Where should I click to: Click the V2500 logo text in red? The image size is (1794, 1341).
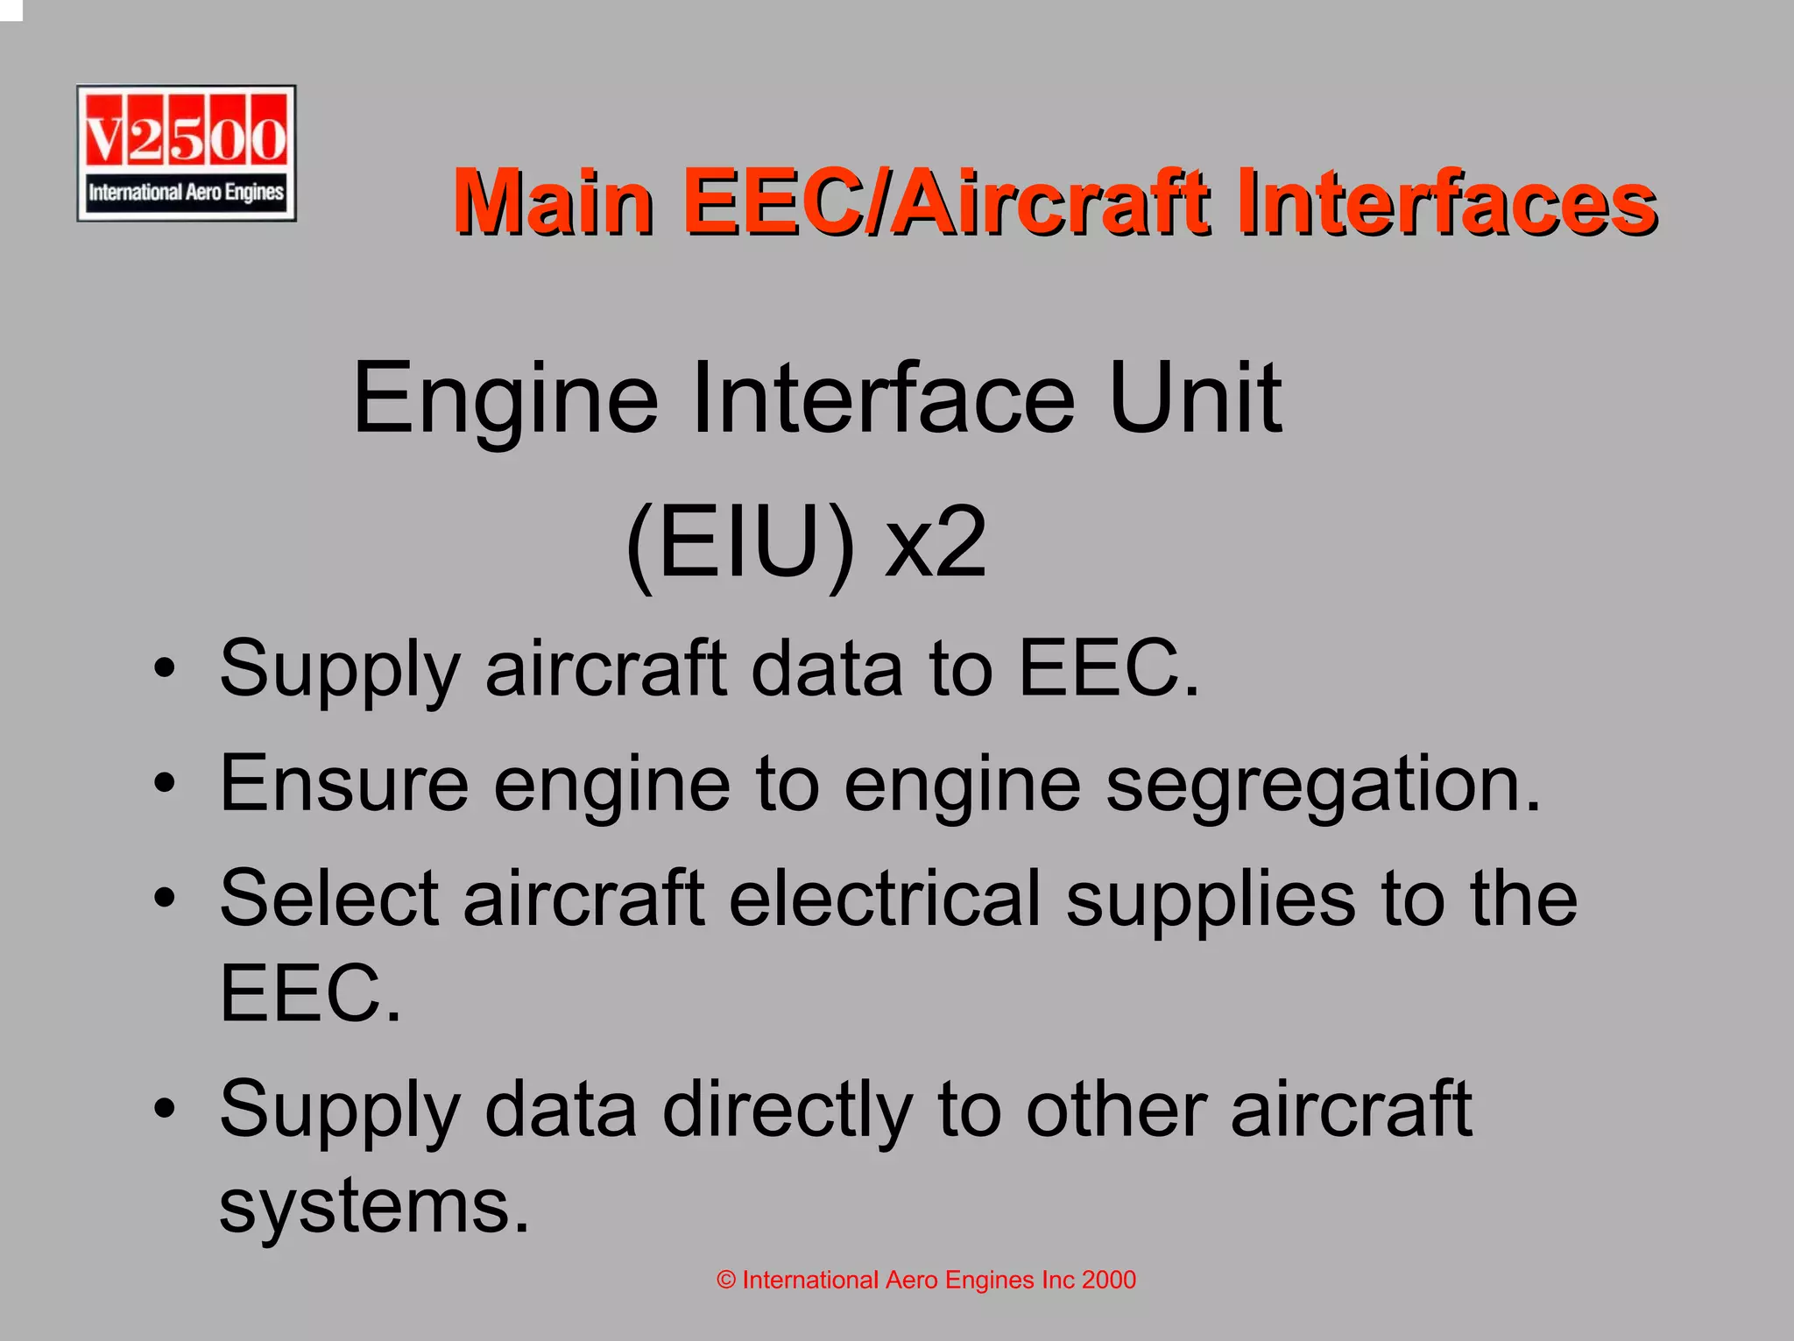(186, 138)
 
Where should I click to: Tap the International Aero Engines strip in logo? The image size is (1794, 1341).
(186, 192)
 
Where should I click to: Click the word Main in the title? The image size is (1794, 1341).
(554, 203)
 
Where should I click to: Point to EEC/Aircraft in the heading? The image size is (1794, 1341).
(947, 203)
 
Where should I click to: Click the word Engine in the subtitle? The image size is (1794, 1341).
(505, 399)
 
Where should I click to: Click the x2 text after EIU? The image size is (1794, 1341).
(936, 547)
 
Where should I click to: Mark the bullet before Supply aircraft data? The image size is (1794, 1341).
(164, 669)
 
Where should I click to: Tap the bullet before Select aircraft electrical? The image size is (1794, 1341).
(164, 899)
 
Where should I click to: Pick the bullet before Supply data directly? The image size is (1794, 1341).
(164, 1110)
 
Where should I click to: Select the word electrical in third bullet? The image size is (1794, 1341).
(885, 899)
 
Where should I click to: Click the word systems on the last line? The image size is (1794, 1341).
(374, 1206)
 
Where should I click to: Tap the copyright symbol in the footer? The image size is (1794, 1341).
(725, 1281)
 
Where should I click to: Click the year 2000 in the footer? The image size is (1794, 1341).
(1108, 1281)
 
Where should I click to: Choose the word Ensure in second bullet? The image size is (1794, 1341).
(344, 784)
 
